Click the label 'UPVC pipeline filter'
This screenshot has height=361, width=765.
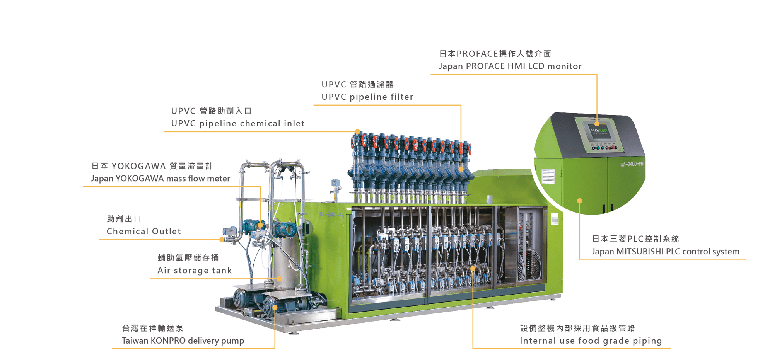tap(367, 97)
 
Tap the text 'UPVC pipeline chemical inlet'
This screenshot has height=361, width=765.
tap(238, 124)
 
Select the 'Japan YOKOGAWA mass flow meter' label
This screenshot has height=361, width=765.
tap(161, 179)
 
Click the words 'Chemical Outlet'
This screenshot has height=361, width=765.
tap(143, 232)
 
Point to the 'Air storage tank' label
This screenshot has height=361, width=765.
tap(195, 271)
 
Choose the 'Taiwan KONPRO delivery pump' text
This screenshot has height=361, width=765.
tap(183, 341)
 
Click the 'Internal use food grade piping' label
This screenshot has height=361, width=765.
tap(591, 341)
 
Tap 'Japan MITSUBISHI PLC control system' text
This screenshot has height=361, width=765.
tap(665, 252)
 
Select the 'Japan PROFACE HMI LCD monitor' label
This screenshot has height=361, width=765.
tap(510, 66)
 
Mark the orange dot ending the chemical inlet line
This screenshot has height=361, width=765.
tap(358, 132)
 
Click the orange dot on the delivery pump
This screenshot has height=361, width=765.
tap(275, 308)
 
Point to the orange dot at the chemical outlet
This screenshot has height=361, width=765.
tap(222, 240)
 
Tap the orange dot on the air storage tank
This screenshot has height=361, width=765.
tap(279, 278)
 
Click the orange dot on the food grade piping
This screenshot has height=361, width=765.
tap(473, 269)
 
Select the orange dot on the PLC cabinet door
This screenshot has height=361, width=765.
tap(579, 201)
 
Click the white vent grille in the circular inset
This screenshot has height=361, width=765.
tap(548, 176)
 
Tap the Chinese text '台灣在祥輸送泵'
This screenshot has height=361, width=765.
tap(152, 329)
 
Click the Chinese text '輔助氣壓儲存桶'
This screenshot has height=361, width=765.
tap(188, 258)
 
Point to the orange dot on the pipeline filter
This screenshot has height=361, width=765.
tap(461, 169)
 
